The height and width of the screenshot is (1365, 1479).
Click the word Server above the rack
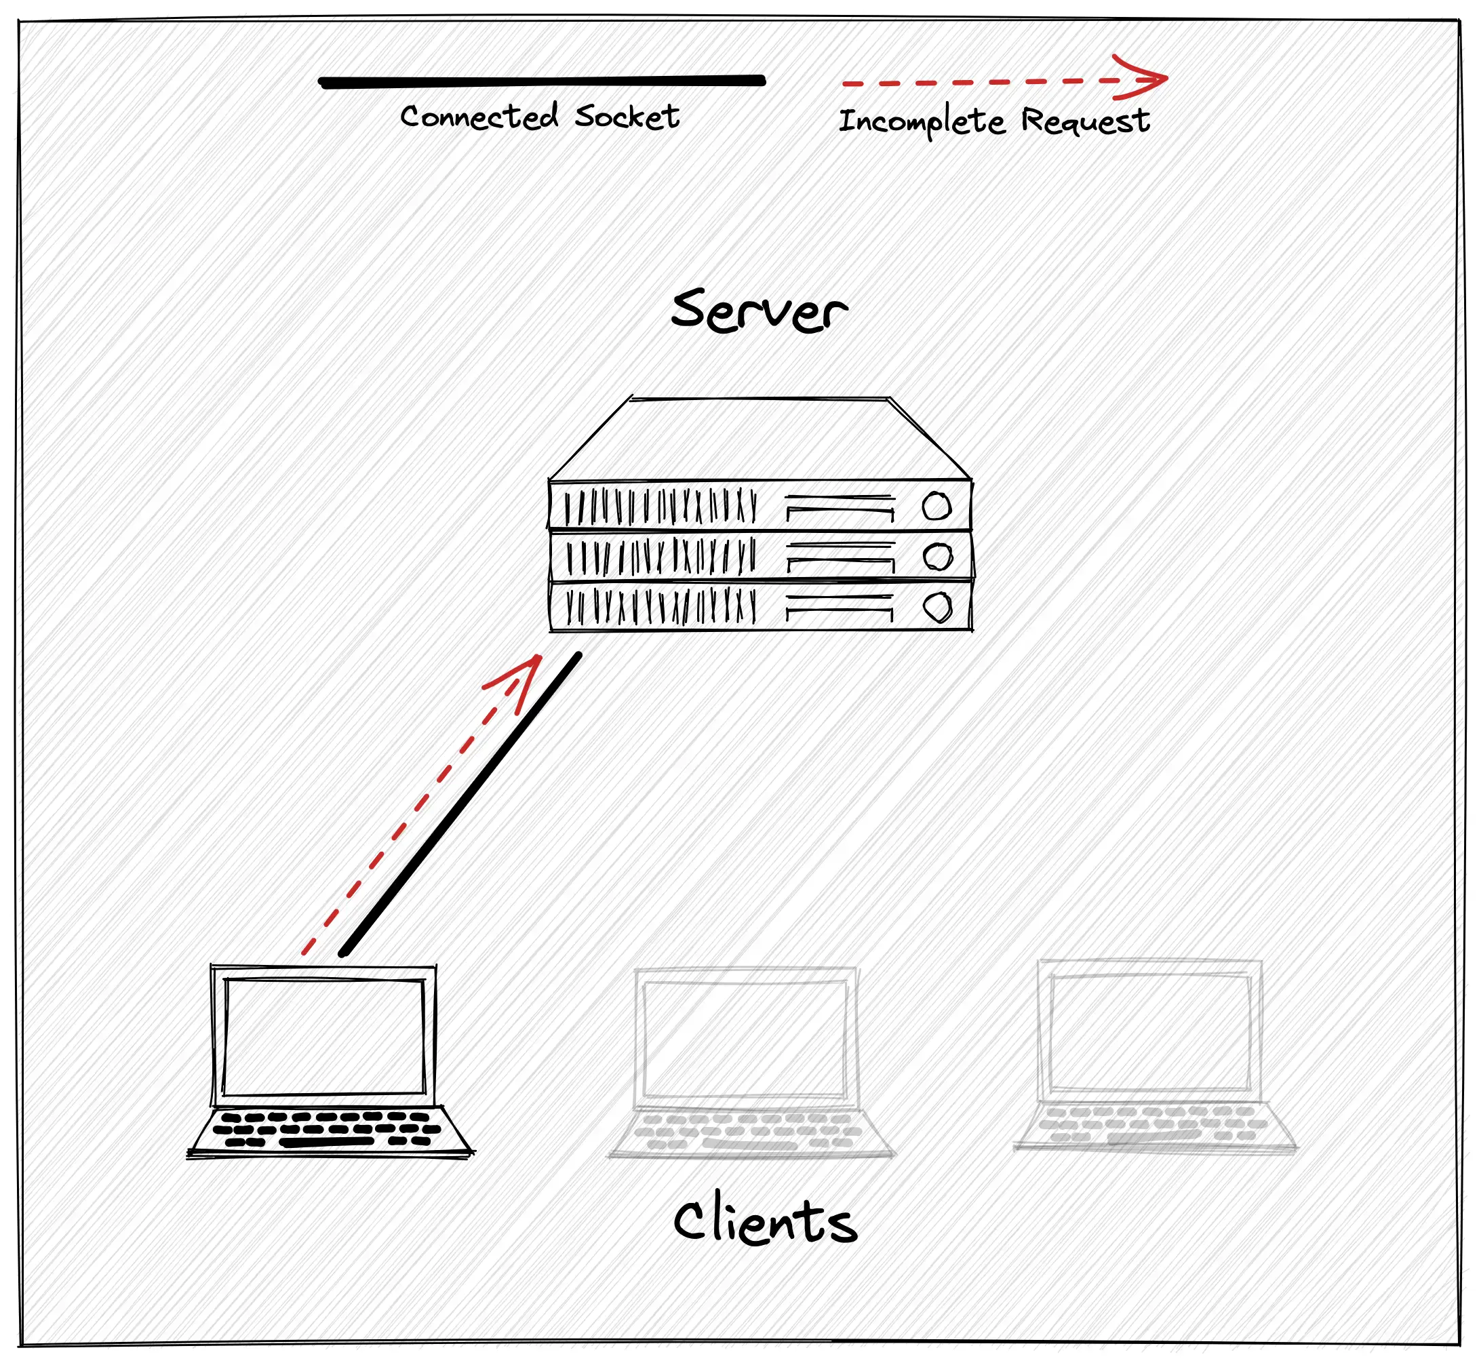click(x=759, y=311)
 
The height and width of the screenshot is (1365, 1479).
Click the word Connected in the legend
click(x=479, y=117)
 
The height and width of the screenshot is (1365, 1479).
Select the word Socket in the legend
click(x=627, y=117)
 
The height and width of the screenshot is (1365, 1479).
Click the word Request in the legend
click(x=1084, y=121)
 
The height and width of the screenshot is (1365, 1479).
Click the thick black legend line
click(x=542, y=82)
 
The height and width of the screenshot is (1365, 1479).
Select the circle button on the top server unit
click(x=936, y=507)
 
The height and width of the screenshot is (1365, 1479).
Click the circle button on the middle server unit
click(x=937, y=557)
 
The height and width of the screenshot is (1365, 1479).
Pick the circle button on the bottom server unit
click(x=937, y=608)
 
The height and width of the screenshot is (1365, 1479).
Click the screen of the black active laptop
click(x=323, y=1036)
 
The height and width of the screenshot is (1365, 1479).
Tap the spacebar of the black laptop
click(x=327, y=1142)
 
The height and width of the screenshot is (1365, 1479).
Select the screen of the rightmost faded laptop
click(x=1149, y=1033)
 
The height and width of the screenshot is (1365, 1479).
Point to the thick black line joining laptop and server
click(x=460, y=804)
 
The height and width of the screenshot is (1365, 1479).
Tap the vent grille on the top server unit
click(x=660, y=507)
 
